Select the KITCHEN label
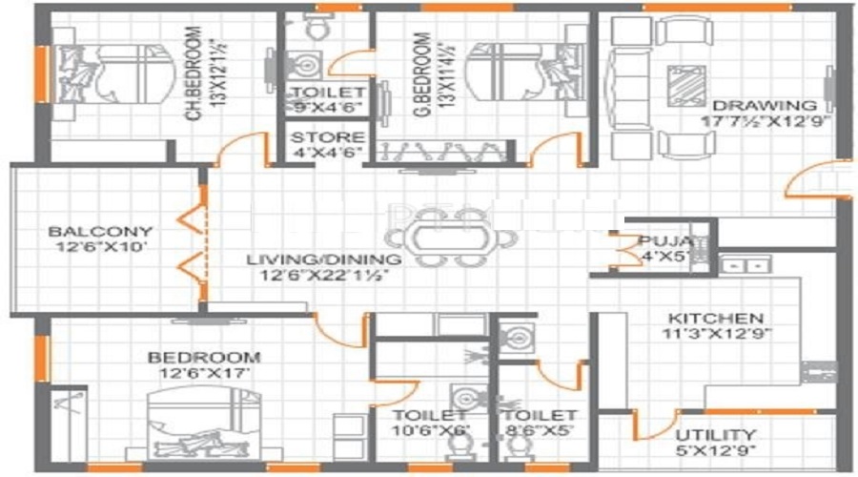[714, 318]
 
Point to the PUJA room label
[660, 240]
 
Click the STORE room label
[327, 137]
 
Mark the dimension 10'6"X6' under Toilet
[428, 431]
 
